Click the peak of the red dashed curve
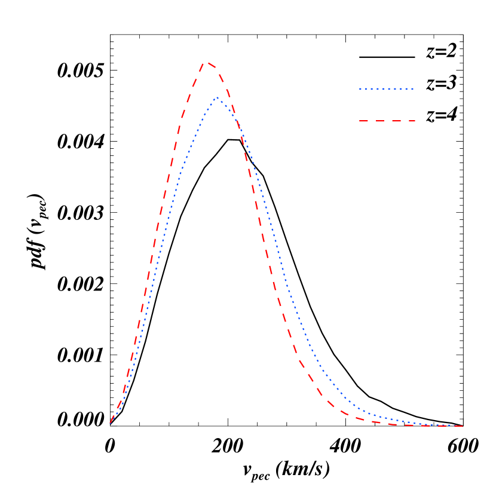point(206,62)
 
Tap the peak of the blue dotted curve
point(218,98)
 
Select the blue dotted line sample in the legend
point(387,88)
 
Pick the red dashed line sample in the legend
point(387,121)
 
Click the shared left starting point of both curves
point(111,422)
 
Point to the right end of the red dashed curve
point(462,426)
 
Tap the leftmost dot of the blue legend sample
point(360,88)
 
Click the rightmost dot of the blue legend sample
point(413,88)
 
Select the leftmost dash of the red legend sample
point(363,121)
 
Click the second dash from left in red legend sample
point(379,121)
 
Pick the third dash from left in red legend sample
point(394,121)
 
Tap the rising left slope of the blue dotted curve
point(163,239)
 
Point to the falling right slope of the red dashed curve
point(269,263)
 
